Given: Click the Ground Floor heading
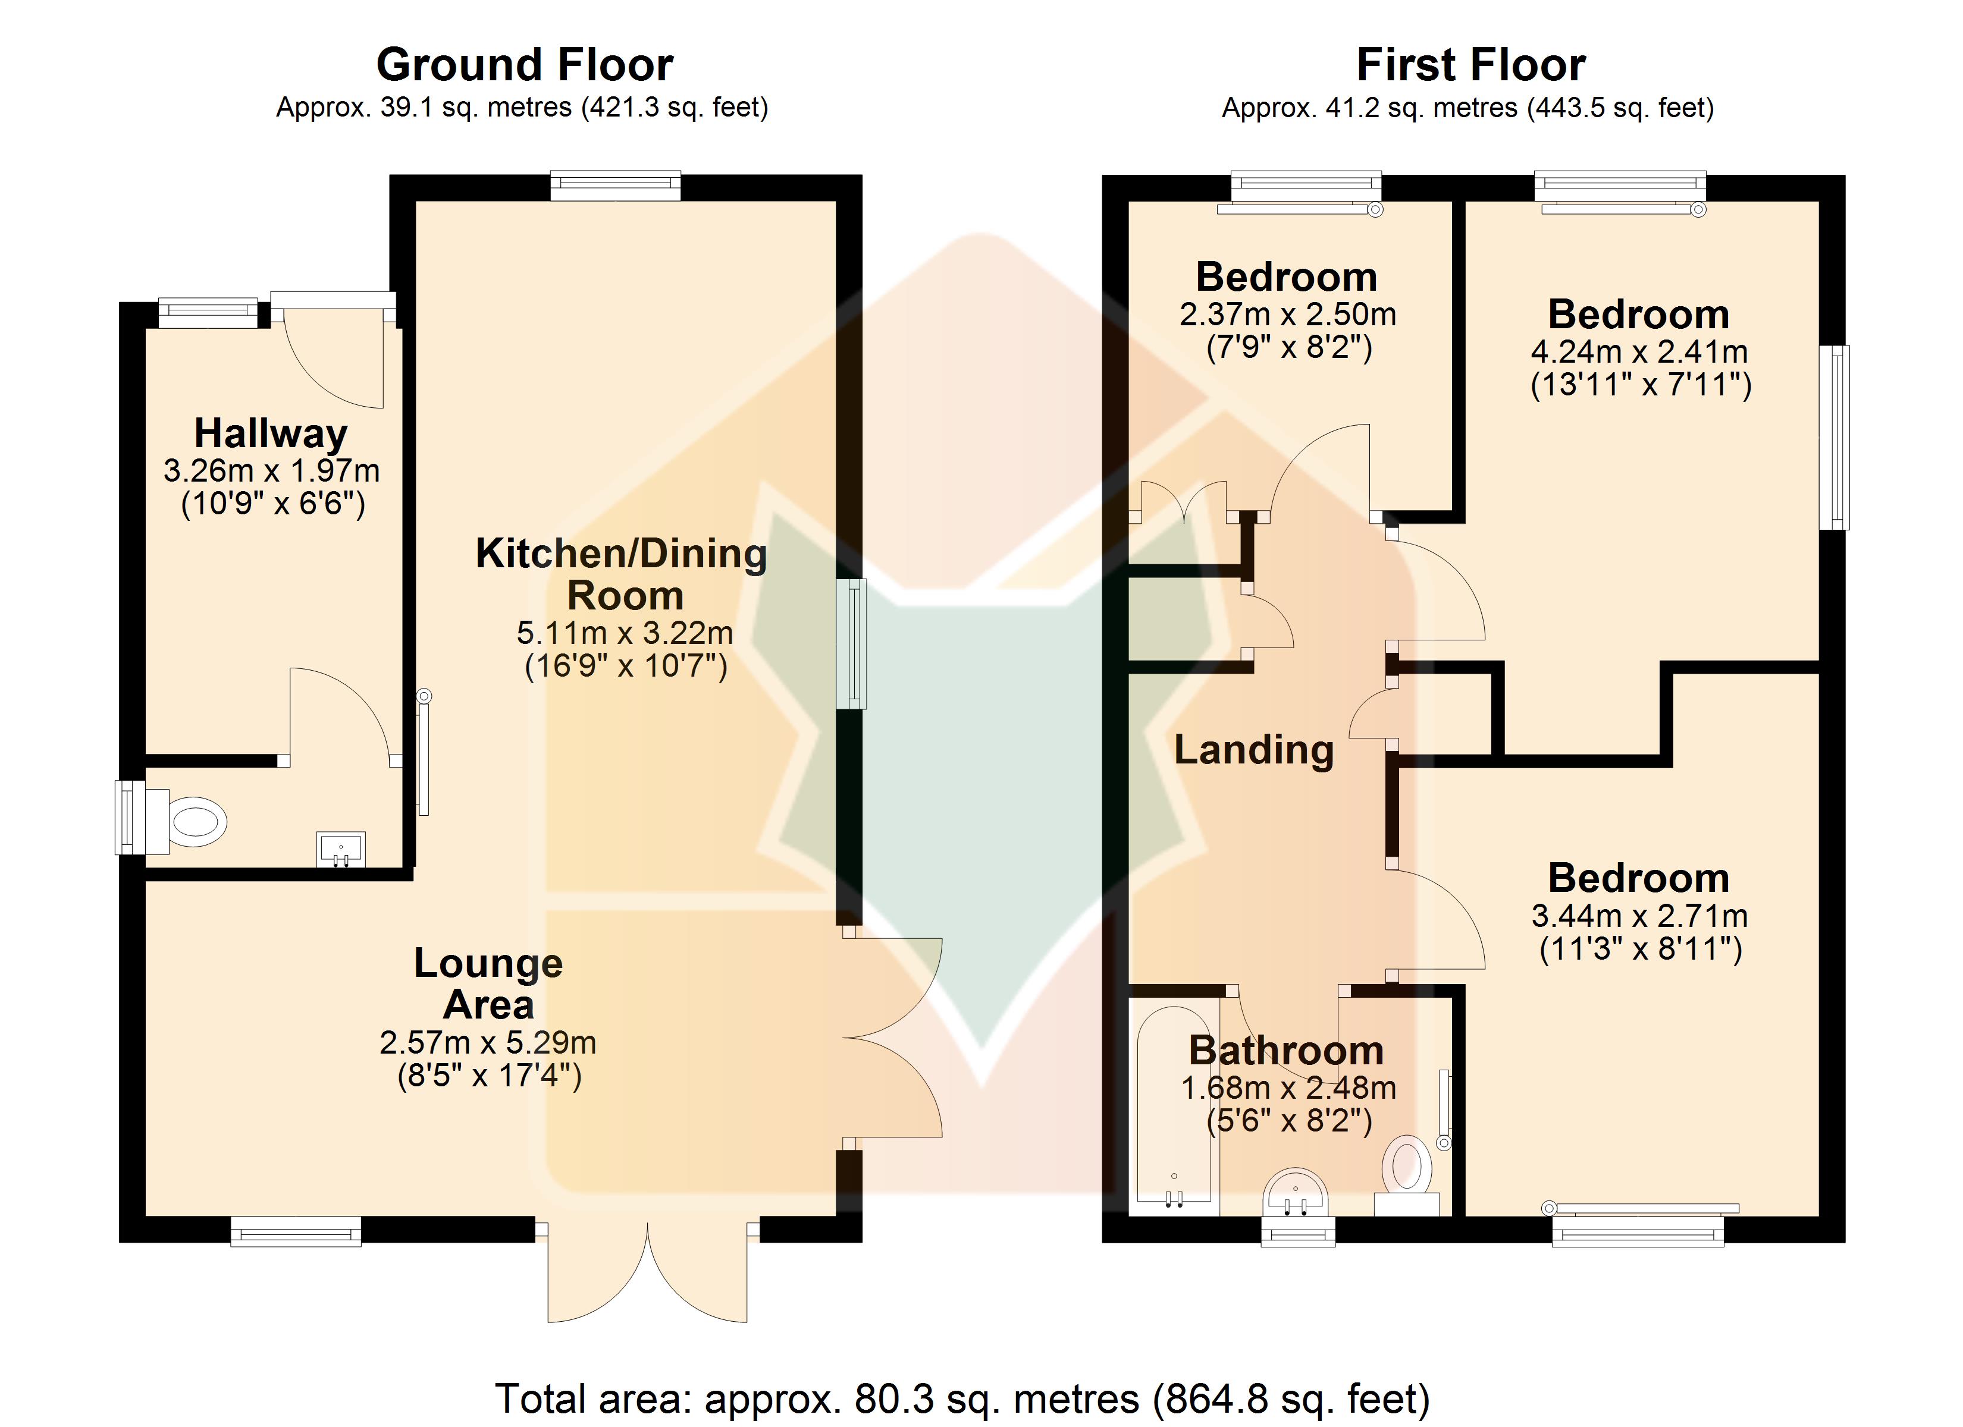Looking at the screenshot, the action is [525, 65].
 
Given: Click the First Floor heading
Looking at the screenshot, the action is [1470, 65].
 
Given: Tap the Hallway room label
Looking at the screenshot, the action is [271, 433].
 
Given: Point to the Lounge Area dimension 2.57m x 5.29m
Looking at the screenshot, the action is [488, 1043].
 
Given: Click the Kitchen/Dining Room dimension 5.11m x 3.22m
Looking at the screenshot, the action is [625, 633].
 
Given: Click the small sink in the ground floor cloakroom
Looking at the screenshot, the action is [342, 849].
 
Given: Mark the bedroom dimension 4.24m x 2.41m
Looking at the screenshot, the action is [1639, 352].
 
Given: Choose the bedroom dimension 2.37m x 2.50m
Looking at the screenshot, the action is [1288, 314].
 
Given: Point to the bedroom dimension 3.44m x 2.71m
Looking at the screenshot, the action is [1639, 916].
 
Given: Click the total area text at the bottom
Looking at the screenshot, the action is [962, 1398].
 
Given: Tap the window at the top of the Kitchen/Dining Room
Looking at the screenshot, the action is [616, 186].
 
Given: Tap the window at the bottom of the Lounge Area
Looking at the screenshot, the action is [296, 1231].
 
